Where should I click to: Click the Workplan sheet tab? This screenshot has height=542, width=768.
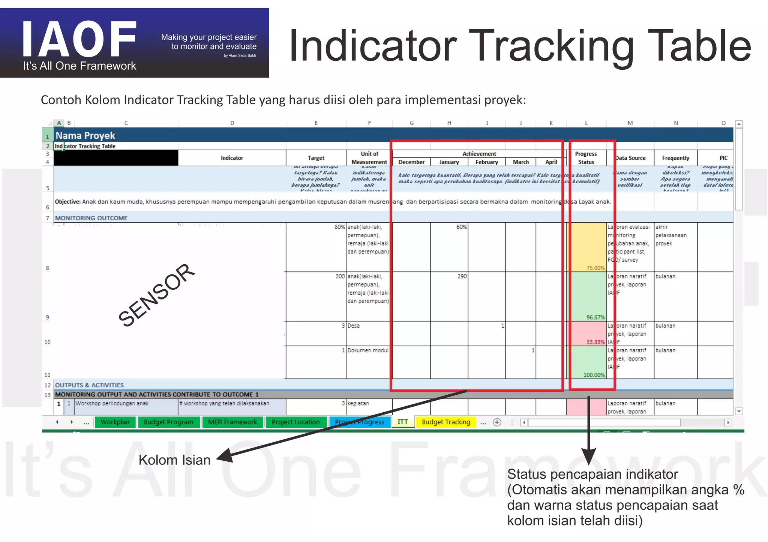coord(115,422)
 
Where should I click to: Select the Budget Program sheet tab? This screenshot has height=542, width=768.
coord(168,422)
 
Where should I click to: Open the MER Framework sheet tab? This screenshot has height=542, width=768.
coord(232,422)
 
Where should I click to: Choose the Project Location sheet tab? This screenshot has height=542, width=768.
coord(295,422)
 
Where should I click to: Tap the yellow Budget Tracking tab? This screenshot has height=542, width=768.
coord(445,422)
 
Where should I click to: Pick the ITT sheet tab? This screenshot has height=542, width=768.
coord(402,422)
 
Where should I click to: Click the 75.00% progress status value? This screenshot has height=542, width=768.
coord(595,268)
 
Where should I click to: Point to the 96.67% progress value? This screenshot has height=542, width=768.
coord(595,317)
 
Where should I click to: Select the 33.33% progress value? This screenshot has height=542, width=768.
coord(595,342)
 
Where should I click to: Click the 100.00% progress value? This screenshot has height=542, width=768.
coord(594,375)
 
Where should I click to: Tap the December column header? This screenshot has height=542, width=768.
coord(411,162)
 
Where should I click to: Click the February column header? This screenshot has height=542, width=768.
coord(487,162)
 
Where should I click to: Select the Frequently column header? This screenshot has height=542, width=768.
coord(675,158)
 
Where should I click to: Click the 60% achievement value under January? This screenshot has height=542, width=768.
coord(462,227)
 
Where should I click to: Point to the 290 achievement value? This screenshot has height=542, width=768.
coord(462,276)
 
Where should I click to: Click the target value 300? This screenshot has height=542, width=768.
coord(340,276)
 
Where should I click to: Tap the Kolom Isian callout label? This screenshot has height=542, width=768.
coord(174,460)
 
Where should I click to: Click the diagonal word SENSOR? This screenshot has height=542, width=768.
coord(156,295)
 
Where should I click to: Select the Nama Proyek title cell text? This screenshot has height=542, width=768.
coord(85,135)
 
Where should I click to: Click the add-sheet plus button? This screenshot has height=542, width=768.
coord(497,422)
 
